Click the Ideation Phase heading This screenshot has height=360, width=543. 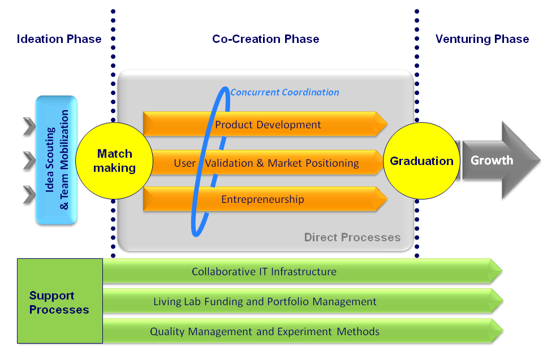pos(59,39)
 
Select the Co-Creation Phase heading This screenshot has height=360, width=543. pos(265,39)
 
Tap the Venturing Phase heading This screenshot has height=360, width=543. pos(482,39)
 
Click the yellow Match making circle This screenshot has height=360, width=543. pos(114,161)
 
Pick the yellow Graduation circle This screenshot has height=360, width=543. pos(421,161)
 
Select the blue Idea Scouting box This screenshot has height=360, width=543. pos(57,160)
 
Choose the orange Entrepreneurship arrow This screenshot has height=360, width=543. pos(262,199)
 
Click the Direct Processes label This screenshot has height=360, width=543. pos(352,237)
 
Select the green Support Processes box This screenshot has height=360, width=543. pos(59,303)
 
